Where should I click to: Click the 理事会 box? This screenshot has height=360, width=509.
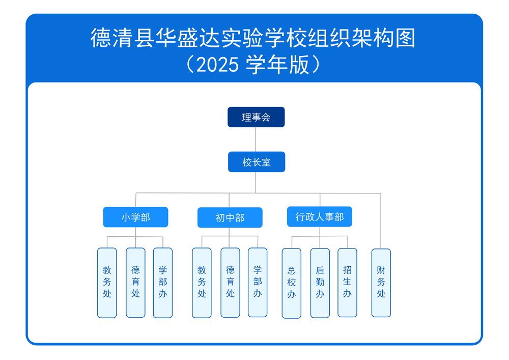[256, 117]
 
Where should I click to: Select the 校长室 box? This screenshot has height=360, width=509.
[257, 162]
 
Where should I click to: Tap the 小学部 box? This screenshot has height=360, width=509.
[135, 217]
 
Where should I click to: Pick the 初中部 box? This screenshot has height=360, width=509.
[230, 217]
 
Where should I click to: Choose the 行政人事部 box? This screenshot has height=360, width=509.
[320, 217]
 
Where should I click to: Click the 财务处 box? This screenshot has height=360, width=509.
[381, 283]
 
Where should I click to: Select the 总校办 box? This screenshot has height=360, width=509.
[292, 283]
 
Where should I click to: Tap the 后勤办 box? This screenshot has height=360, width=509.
[320, 283]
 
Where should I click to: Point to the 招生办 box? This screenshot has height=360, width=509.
[348, 282]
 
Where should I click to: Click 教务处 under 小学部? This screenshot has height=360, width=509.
[107, 283]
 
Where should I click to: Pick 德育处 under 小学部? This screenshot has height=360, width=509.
[135, 283]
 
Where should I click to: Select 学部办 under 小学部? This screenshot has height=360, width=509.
[163, 283]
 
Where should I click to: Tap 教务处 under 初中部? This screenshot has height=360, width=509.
[202, 283]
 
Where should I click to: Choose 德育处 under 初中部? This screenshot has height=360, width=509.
[230, 283]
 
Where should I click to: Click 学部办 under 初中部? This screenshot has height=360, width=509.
[258, 282]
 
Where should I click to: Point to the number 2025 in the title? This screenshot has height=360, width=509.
[217, 65]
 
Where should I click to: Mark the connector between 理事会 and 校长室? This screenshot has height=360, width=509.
[256, 140]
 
